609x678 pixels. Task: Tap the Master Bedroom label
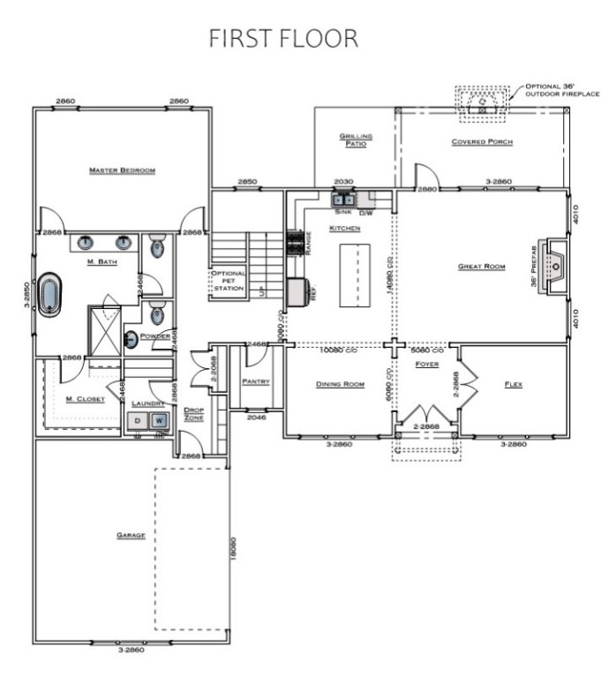(122, 169)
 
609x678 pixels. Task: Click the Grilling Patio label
(357, 140)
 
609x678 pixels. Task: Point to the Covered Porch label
(481, 141)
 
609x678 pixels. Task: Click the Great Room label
(481, 266)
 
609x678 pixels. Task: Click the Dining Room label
(341, 384)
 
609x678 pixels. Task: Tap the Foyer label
(427, 364)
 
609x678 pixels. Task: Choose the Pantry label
(255, 382)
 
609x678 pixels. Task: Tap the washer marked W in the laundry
(160, 421)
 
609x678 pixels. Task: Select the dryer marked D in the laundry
(138, 421)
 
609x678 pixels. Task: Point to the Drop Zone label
(193, 413)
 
